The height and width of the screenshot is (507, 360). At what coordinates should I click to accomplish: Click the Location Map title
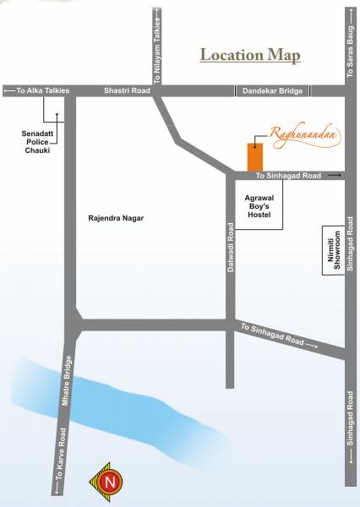coord(249,56)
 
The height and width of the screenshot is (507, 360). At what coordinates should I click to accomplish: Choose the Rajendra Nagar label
coord(116,218)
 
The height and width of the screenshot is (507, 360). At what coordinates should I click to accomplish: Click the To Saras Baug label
coord(351,52)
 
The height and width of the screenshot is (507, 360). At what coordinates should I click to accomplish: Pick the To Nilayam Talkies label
coord(157,42)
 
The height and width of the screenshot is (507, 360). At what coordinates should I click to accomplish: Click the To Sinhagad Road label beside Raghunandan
coord(288,176)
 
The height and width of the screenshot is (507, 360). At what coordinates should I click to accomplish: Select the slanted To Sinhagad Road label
coord(271,335)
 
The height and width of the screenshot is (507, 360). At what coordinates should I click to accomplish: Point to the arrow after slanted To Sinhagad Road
coord(311,345)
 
